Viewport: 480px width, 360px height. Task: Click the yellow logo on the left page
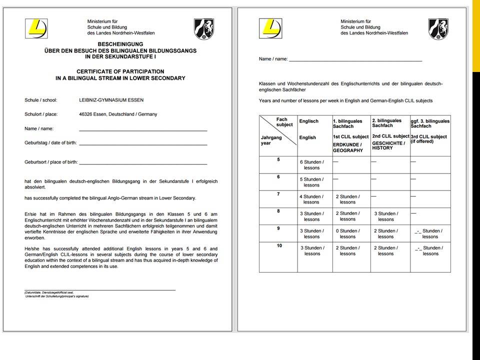coord(38,28)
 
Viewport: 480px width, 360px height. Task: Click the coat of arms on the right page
coord(438,29)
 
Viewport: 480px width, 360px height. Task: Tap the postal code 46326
coord(87,114)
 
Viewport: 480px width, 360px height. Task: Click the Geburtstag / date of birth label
coord(50,142)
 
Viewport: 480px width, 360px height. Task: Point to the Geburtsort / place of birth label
coord(51,162)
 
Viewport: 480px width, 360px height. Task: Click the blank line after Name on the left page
coord(143,130)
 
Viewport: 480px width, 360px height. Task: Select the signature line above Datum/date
coord(100,289)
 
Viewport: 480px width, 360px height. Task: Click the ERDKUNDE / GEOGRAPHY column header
coord(348,147)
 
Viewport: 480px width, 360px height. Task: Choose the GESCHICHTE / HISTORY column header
coord(388,145)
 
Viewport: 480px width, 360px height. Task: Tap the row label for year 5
coord(278,159)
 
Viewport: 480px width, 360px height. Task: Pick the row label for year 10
coord(279,245)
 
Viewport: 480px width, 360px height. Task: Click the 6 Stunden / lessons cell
coord(312,164)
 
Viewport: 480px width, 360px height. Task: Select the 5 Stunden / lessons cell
coord(312,182)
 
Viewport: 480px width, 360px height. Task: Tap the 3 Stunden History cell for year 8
coord(386,216)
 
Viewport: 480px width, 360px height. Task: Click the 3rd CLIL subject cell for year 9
coord(430,233)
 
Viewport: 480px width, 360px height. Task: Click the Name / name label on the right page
coord(273,59)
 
